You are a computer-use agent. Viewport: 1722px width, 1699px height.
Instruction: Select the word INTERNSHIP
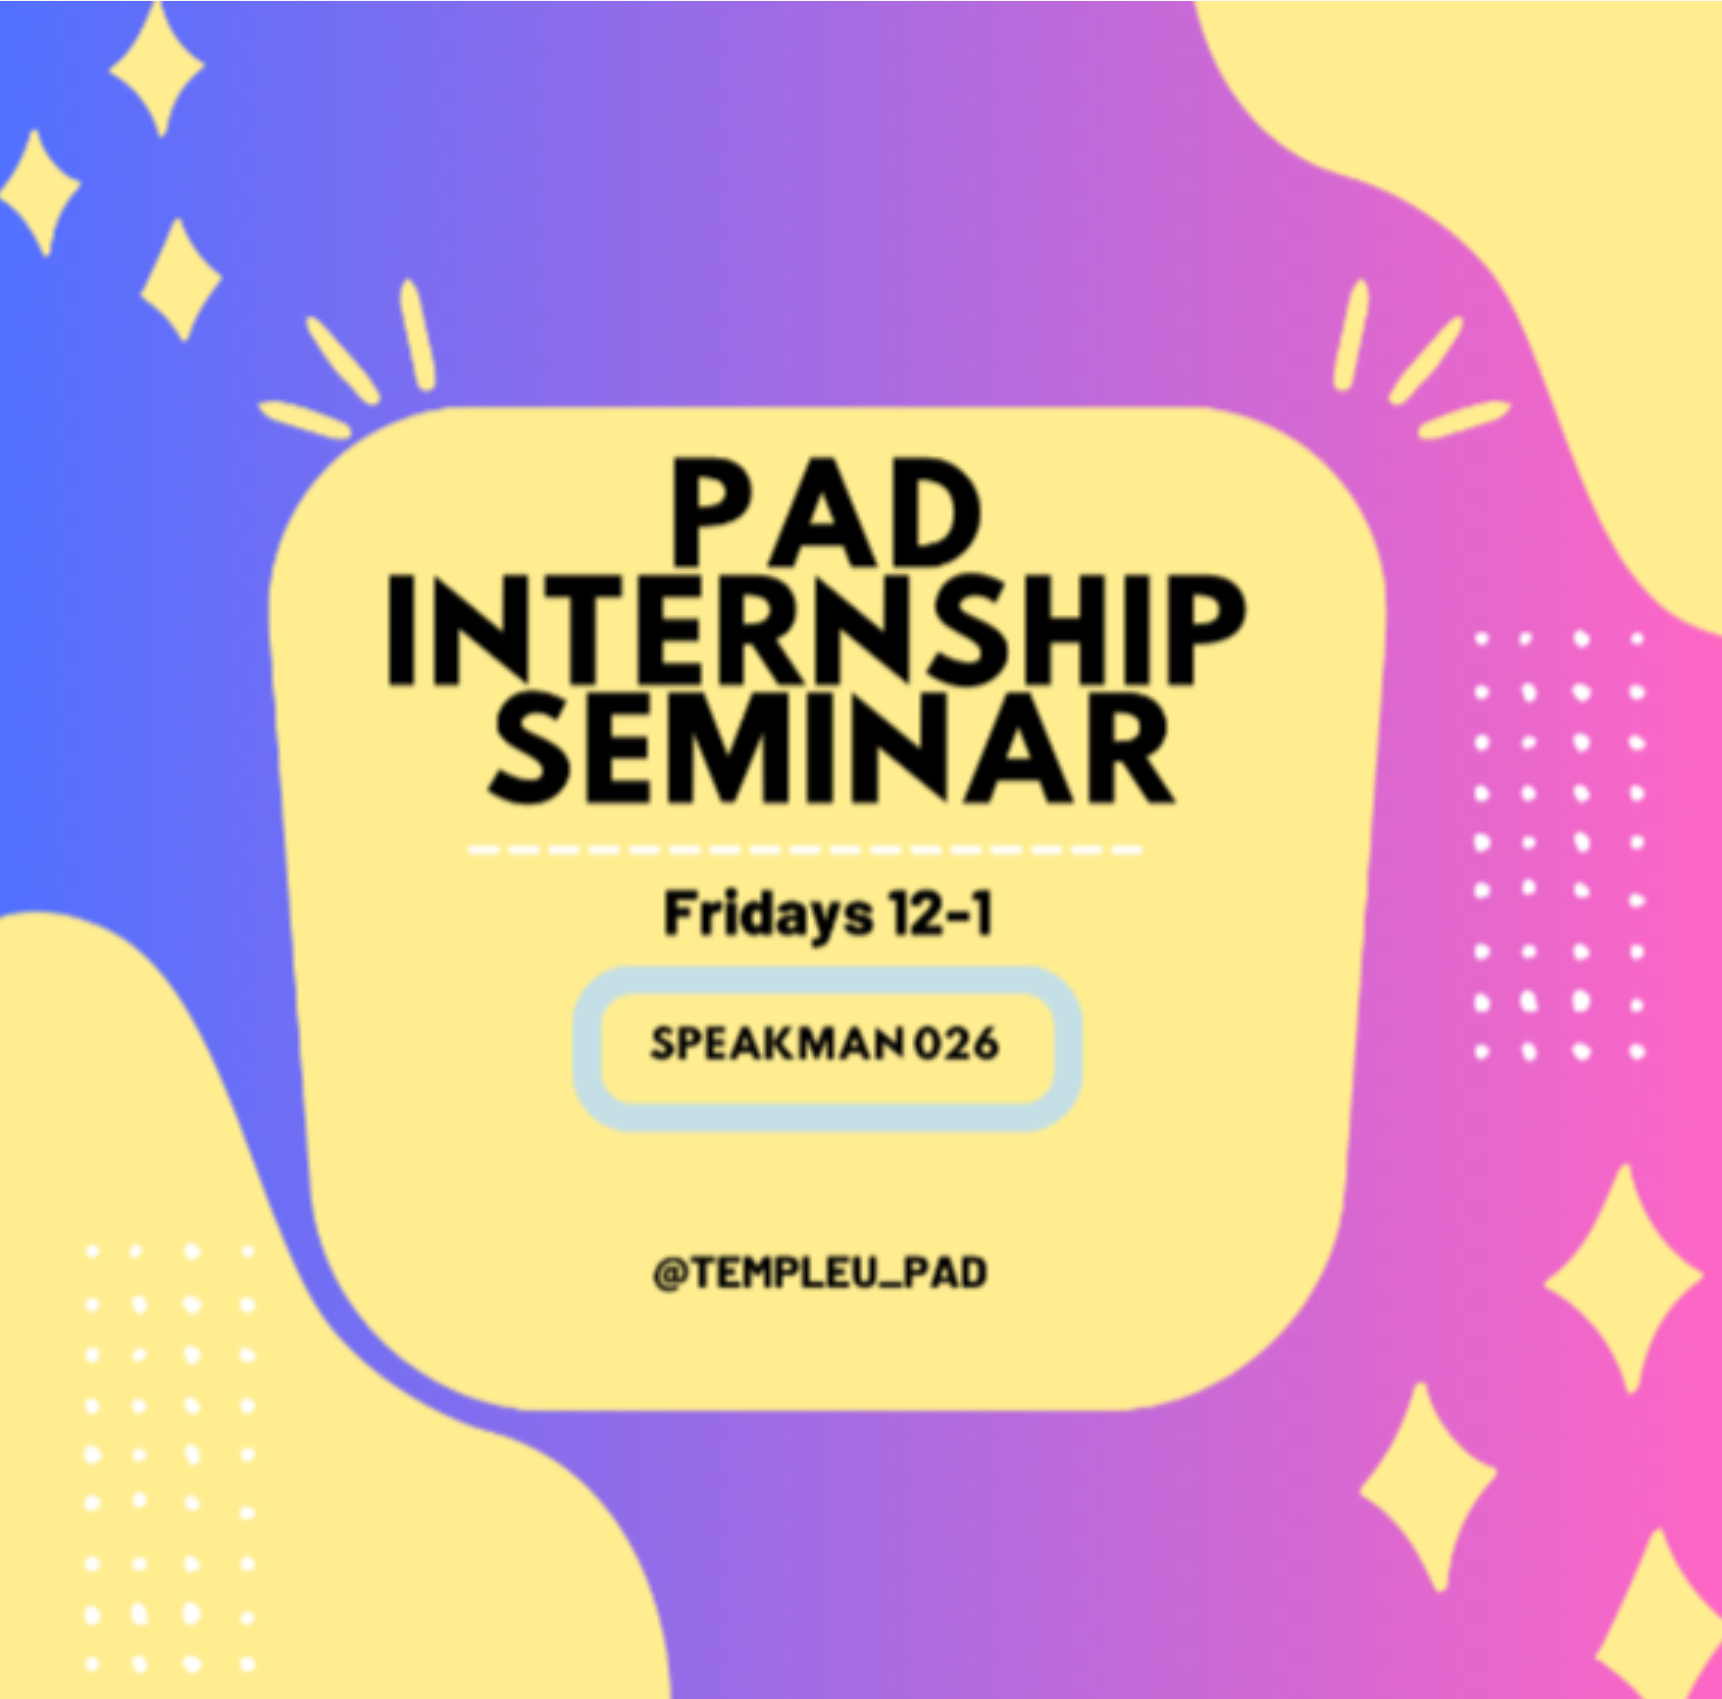[x=816, y=630]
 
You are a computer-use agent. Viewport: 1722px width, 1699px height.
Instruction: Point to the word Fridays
[x=767, y=913]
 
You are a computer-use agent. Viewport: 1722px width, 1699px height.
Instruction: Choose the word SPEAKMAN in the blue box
[x=776, y=1044]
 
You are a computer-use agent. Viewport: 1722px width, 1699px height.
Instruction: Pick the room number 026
[x=956, y=1044]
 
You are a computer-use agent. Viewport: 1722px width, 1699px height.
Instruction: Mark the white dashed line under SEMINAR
[x=804, y=849]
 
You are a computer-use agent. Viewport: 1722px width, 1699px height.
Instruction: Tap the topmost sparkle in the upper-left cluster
[x=157, y=67]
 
